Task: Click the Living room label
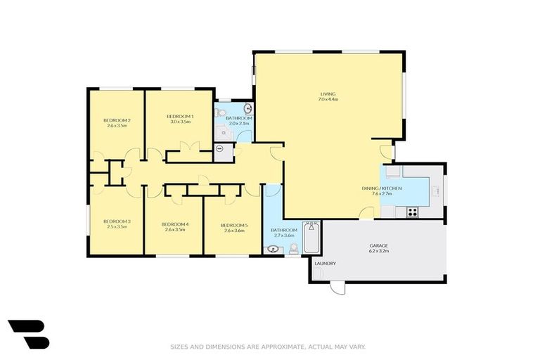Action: pyautogui.click(x=328, y=94)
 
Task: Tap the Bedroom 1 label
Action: pyautogui.click(x=180, y=116)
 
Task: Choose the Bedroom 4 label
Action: pyautogui.click(x=174, y=224)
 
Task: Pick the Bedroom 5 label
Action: pyautogui.click(x=233, y=224)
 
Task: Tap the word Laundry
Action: pyautogui.click(x=326, y=264)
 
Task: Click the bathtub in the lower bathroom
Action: pyautogui.click(x=311, y=238)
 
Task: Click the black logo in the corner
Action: pyautogui.click(x=29, y=334)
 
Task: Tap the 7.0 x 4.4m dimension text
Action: pyautogui.click(x=328, y=100)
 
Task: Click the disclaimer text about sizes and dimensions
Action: pyautogui.click(x=268, y=347)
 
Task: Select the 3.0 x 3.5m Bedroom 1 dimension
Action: pyautogui.click(x=180, y=122)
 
